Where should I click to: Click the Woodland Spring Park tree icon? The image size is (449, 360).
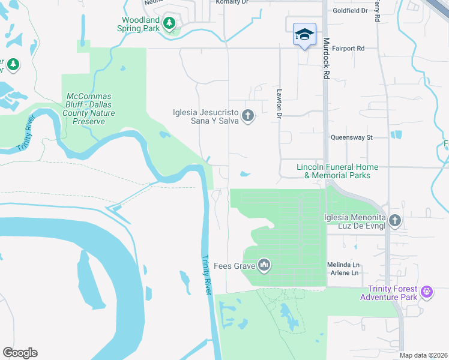click(169, 23)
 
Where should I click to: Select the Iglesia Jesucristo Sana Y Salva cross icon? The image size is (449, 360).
click(248, 115)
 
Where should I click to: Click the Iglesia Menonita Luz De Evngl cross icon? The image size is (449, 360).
click(394, 220)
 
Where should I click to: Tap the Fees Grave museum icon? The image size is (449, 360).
click(264, 265)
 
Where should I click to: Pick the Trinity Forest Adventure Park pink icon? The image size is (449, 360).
click(427, 292)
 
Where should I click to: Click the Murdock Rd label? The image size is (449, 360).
click(327, 59)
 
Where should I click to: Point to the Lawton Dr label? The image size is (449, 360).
click(279, 101)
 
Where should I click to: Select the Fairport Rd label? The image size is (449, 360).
click(348, 48)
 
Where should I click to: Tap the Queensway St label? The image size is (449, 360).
click(352, 137)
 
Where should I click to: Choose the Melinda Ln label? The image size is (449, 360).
click(343, 264)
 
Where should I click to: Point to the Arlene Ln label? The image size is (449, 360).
click(343, 273)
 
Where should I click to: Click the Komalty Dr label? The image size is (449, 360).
click(232, 2)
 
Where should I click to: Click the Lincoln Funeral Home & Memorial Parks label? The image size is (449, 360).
click(337, 171)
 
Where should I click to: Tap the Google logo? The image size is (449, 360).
click(20, 353)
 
